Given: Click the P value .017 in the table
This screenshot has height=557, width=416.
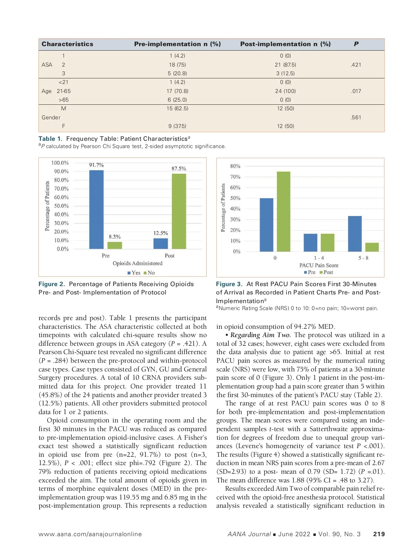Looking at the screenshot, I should [x=356, y=91].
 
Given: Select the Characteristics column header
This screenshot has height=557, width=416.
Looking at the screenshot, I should [x=67, y=44].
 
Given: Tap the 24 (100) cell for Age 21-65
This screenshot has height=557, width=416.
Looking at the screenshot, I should [x=285, y=91].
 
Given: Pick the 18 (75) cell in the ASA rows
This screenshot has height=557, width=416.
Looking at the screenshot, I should [x=177, y=65].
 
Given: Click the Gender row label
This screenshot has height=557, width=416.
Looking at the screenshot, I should [x=51, y=118].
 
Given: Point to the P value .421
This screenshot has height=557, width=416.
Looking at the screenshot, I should [x=356, y=65].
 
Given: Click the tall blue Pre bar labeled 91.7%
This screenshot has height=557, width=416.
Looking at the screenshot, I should [x=96, y=209].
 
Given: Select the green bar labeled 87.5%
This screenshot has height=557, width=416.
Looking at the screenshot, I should [x=179, y=211].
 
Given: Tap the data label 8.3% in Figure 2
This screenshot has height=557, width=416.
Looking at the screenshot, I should [x=114, y=237].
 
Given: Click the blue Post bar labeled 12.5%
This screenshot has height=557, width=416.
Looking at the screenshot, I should [x=161, y=243].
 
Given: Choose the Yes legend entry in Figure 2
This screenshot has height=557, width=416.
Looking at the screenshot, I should [x=134, y=273].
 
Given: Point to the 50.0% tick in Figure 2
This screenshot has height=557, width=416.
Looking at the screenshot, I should [x=61, y=206].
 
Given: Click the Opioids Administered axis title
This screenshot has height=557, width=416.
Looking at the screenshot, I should [x=137, y=263].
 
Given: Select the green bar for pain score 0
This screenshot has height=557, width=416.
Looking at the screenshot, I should [x=284, y=212].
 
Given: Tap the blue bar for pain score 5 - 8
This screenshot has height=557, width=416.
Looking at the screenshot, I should [x=354, y=234].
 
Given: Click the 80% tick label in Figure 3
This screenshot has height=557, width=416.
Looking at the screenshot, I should [x=235, y=166].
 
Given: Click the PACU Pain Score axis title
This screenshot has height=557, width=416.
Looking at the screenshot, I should [x=319, y=265].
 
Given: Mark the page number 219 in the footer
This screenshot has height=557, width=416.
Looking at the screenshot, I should [x=379, y=534].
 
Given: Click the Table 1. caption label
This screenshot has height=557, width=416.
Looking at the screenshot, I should [x=50, y=139].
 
